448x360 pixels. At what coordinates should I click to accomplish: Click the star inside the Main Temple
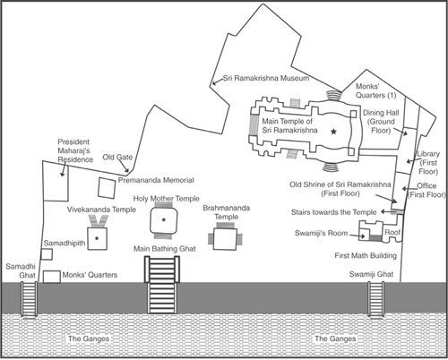point(333,132)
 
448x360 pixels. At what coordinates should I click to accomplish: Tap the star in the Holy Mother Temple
point(164,220)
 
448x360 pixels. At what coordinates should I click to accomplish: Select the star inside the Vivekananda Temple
point(97,238)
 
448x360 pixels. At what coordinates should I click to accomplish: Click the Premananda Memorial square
point(107,188)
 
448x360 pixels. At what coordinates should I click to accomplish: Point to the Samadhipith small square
point(47,254)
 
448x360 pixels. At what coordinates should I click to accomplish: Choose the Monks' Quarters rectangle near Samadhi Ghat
point(52,277)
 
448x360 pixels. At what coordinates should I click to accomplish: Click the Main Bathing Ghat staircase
point(162,285)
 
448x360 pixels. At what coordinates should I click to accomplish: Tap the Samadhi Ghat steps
point(29,299)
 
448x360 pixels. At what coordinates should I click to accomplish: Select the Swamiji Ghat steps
point(375,299)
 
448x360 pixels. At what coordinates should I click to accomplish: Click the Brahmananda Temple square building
point(226,239)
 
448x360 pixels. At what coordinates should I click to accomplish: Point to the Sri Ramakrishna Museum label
point(266,78)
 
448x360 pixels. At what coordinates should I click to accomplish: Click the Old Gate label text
point(117,157)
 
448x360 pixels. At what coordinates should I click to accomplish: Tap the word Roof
point(392,232)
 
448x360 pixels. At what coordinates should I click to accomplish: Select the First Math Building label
point(366,255)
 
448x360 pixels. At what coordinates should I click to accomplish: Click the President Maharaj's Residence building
point(56,181)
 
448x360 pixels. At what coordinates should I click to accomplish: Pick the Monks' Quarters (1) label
point(375,90)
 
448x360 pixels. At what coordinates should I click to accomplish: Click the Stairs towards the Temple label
point(333,212)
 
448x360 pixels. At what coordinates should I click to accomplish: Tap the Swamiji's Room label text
point(321,233)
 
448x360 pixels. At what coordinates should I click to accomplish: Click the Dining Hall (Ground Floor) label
point(381,122)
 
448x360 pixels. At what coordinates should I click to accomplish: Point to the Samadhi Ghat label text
point(21,270)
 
